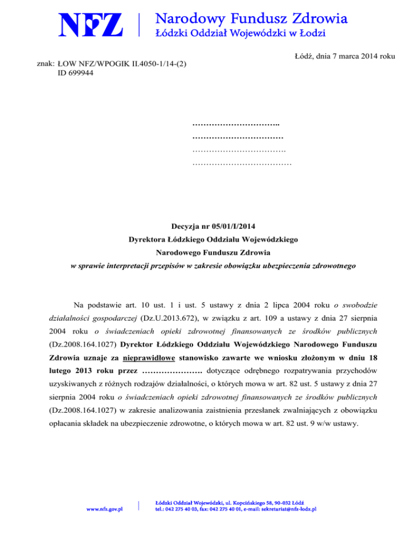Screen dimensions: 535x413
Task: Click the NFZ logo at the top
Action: (x=92, y=25)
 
